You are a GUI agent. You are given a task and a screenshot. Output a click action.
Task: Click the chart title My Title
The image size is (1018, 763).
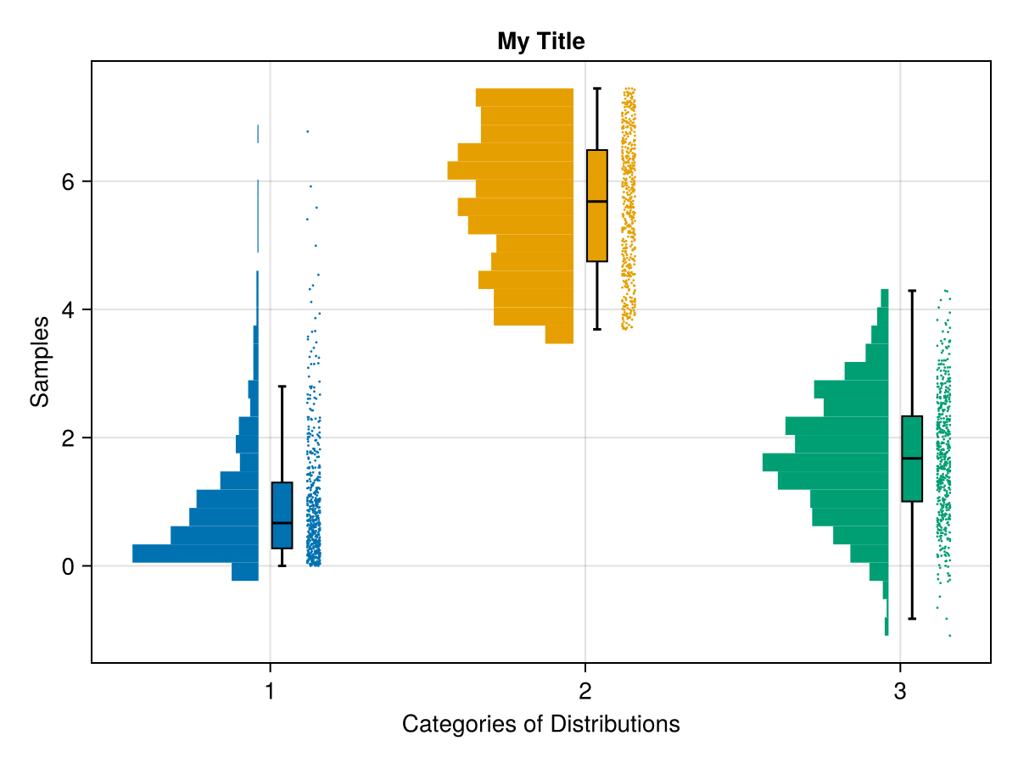point(541,41)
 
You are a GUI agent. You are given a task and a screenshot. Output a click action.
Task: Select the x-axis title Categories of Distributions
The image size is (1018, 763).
point(540,724)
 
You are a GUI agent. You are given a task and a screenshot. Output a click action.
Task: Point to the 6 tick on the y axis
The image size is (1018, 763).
point(69,181)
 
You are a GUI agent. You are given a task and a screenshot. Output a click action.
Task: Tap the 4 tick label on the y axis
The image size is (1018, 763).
point(69,309)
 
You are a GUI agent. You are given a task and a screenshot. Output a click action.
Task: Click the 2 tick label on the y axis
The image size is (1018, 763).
point(69,437)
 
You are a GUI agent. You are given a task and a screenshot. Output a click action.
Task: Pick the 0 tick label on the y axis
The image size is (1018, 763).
point(69,565)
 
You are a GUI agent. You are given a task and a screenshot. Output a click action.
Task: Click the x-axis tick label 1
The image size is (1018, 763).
point(270,691)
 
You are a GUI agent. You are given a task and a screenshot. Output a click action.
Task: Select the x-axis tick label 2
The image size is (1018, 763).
point(585,691)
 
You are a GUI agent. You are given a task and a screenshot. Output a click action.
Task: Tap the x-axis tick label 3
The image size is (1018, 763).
point(900,691)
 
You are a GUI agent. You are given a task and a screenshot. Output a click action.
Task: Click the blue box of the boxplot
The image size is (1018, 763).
point(282,515)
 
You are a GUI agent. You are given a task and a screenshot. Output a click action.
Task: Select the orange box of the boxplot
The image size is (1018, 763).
point(597,206)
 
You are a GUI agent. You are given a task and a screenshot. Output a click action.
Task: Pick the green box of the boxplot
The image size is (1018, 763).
point(912,459)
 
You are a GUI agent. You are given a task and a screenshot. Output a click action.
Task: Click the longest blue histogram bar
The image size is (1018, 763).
point(195,554)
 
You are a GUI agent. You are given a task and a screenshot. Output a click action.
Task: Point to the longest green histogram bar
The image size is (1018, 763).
point(825,462)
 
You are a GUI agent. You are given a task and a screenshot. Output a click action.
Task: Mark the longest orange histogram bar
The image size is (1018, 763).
point(510,170)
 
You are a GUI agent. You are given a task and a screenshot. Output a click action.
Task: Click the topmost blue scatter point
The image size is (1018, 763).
point(307,131)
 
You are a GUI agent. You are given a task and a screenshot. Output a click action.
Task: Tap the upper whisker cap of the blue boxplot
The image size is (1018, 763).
point(282,387)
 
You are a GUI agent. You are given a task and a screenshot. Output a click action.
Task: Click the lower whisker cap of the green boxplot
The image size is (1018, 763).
point(912,619)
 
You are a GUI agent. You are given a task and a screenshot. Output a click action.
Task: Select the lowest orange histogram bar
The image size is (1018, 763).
point(559,335)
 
